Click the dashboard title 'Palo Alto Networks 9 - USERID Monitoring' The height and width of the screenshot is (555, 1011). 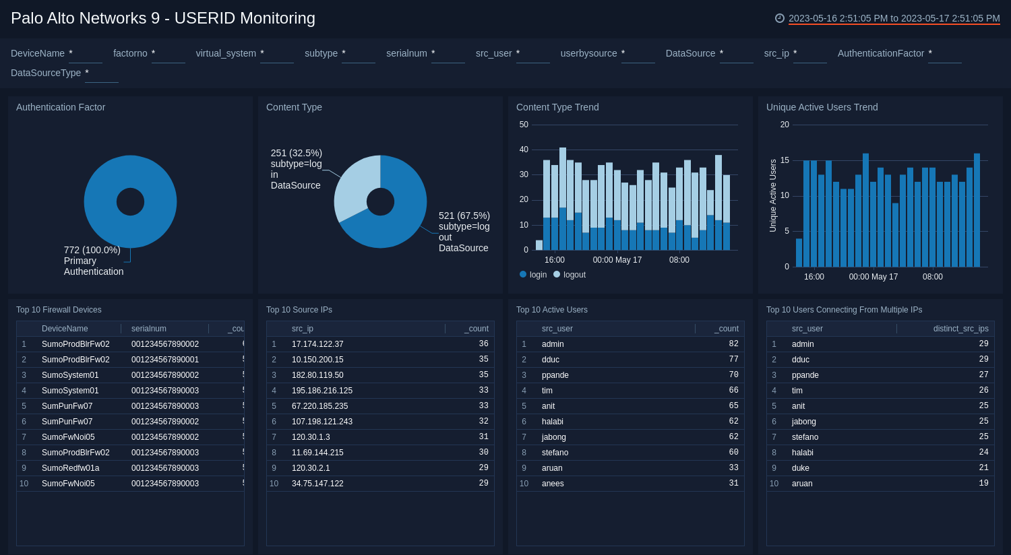tap(162, 18)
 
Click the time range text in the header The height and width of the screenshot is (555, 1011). tap(894, 18)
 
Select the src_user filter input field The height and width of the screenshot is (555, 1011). tap(532, 54)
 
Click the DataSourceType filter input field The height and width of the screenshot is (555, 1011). tap(101, 73)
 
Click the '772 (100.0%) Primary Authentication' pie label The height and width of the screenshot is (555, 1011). tap(93, 261)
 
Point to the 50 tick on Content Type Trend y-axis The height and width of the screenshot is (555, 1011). tap(524, 125)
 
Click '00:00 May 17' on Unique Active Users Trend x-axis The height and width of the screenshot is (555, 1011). tap(873, 277)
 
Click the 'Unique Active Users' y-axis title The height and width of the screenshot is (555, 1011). tap(773, 196)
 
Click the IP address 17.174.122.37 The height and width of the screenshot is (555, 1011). tap(317, 344)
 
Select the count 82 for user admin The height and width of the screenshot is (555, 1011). tap(733, 344)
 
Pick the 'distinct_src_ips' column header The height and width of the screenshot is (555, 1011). tap(960, 329)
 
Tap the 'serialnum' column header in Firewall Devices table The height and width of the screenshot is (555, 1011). tap(149, 329)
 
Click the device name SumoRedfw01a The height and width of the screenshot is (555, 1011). tap(70, 468)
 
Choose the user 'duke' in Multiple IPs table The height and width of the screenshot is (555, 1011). tap(801, 468)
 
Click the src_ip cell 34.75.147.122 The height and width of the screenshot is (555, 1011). tap(317, 484)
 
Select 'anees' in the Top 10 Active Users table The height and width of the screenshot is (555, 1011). tap(553, 484)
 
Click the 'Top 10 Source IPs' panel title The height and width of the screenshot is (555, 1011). tap(299, 310)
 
